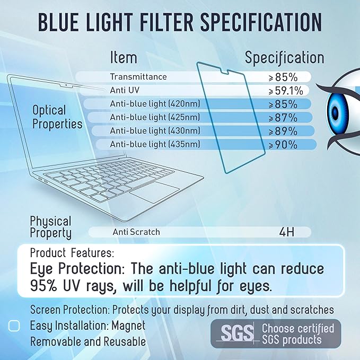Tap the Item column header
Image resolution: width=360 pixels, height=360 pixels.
[124, 57]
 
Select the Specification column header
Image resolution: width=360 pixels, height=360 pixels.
[284, 57]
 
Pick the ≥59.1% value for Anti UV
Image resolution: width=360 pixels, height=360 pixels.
[283, 91]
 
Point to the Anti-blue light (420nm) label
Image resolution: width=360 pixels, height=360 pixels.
[155, 103]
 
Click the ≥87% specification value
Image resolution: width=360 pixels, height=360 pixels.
[283, 117]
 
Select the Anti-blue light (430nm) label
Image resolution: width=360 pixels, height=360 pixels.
[155, 130]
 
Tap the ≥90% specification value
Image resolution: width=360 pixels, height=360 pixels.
[283, 144]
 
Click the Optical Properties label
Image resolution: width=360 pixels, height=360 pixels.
[57, 117]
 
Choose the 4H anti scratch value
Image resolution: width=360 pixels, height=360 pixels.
[288, 232]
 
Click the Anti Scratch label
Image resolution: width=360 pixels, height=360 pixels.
[136, 232]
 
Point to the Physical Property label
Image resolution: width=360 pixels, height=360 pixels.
[51, 226]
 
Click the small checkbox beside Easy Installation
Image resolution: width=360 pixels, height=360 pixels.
[15, 326]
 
